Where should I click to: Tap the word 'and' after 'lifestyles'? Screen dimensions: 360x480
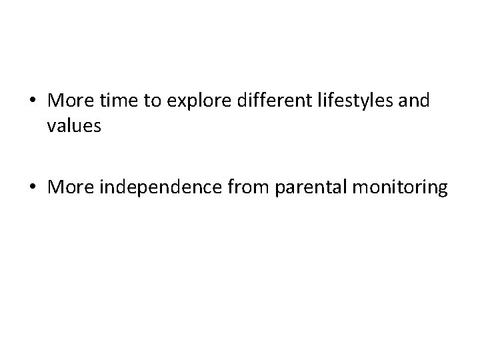413,101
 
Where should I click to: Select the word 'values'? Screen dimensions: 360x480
74,125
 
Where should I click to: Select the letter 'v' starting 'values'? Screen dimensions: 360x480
52,127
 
